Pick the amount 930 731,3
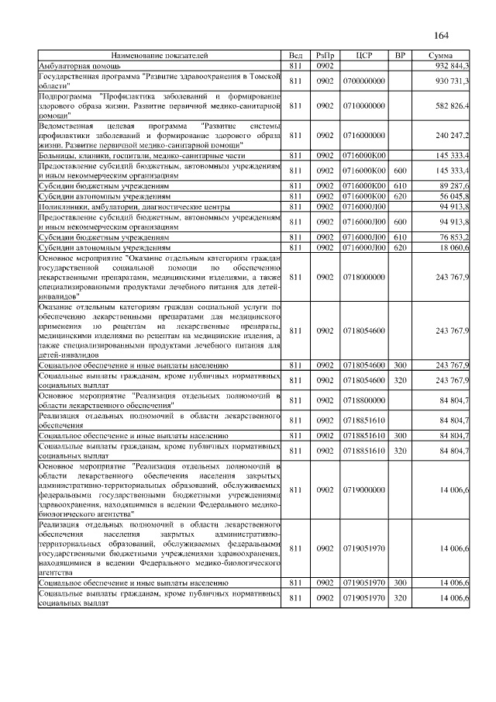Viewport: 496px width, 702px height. pos(450,81)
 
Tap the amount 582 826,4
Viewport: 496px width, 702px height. pos(450,105)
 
